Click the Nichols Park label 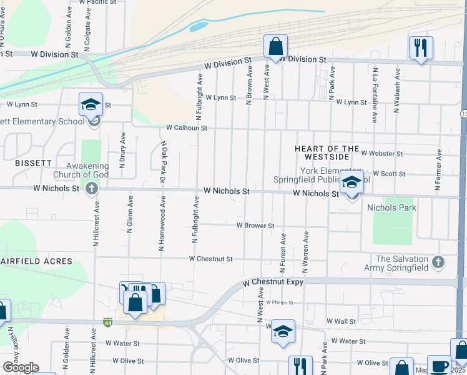tap(391, 207)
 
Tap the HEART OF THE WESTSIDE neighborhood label tap(327, 153)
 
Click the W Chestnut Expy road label tap(273, 282)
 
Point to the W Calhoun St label tap(186, 127)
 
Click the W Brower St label tap(255, 226)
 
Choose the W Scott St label tap(389, 174)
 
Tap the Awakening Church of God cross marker tap(92, 188)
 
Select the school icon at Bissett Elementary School tap(91, 104)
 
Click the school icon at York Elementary tap(351, 183)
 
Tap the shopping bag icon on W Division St tap(275, 46)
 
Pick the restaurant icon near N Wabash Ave tap(420, 47)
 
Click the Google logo tap(21, 367)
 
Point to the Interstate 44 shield tap(108, 322)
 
